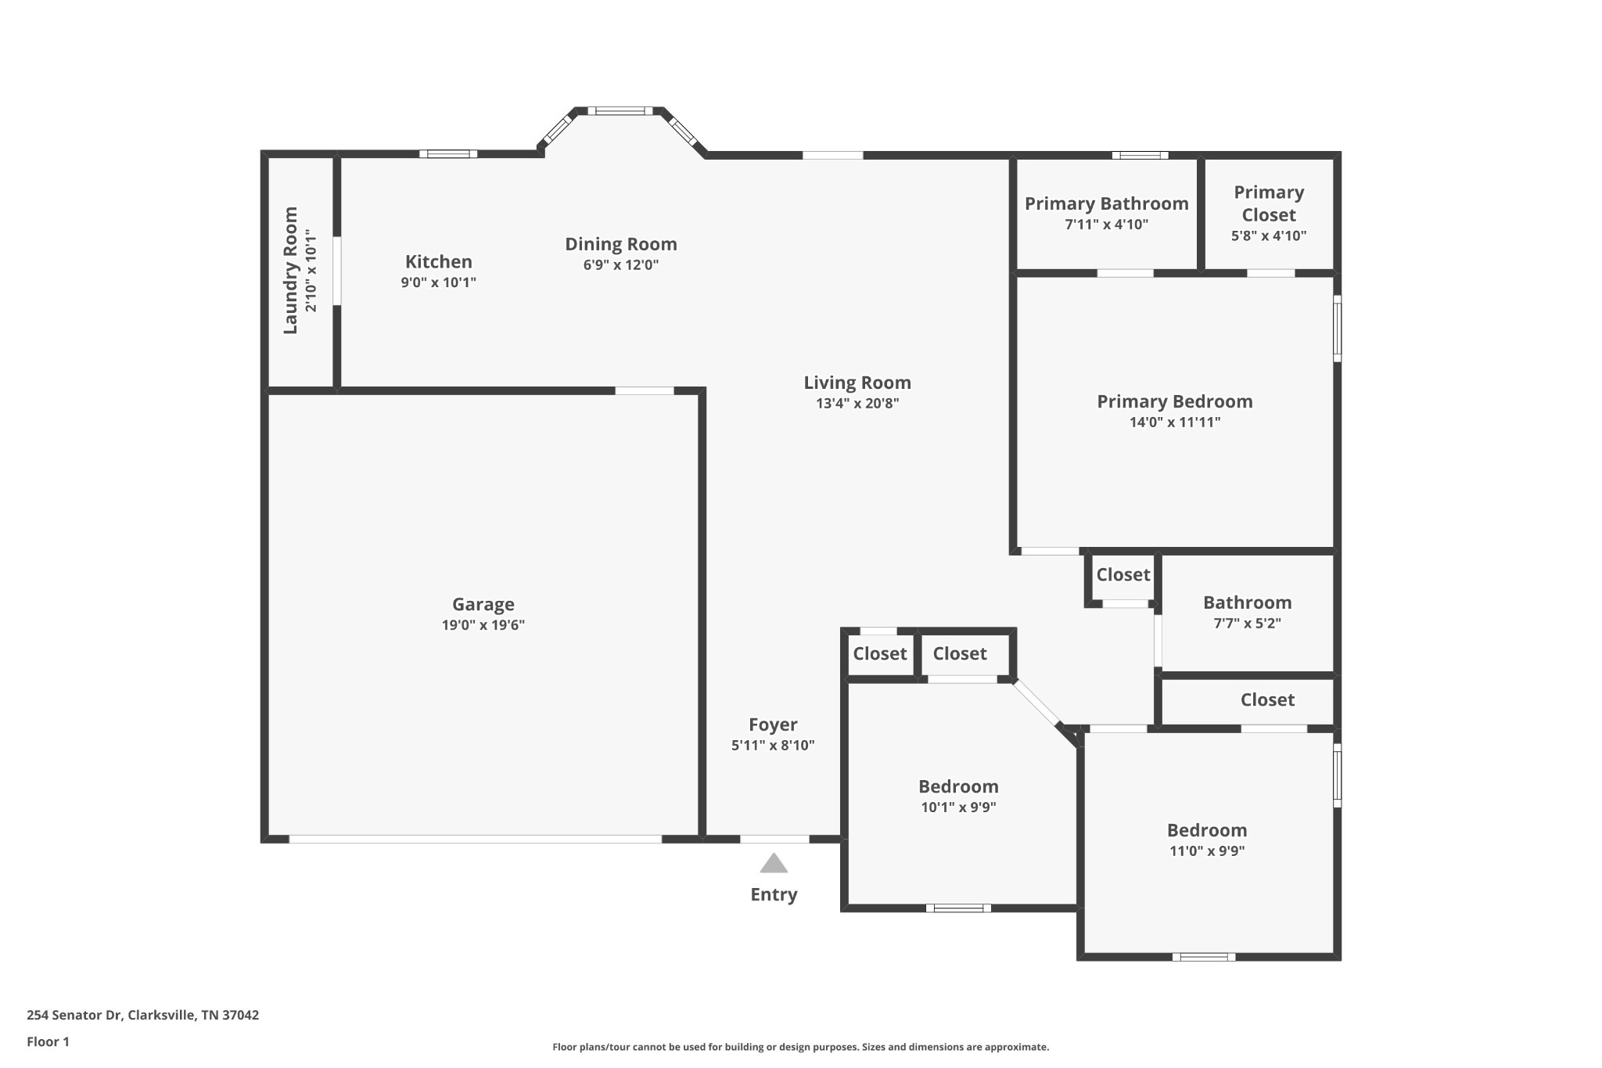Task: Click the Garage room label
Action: coord(483,604)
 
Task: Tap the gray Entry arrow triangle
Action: coord(774,864)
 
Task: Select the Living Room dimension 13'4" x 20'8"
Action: coord(857,404)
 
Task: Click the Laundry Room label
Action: coord(290,270)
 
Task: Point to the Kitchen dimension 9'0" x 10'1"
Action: coord(438,282)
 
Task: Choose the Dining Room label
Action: coord(621,244)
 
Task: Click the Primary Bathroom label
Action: coord(1106,203)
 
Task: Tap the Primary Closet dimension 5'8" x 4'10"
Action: coord(1268,236)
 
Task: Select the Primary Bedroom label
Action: coord(1174,401)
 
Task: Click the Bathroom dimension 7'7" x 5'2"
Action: coord(1247,624)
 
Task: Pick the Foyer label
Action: coord(773,725)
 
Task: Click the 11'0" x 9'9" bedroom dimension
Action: coord(1206,851)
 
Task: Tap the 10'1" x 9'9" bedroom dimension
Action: coord(957,807)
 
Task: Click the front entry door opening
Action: coord(774,840)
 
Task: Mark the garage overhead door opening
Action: coord(475,840)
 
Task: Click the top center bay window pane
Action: coord(620,111)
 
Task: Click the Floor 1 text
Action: coord(48,1041)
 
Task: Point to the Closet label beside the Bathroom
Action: coord(1122,574)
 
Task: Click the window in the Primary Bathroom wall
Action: coord(1140,155)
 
